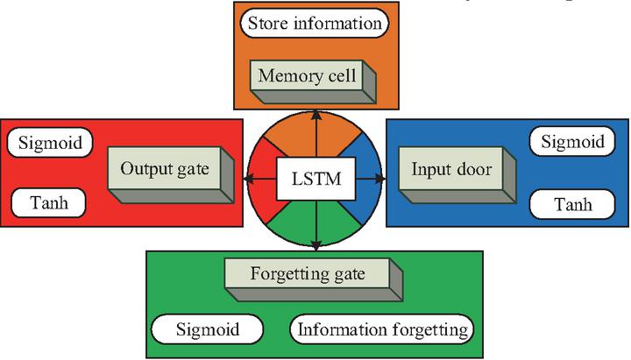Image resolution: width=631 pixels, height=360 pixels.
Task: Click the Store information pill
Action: coord(315,24)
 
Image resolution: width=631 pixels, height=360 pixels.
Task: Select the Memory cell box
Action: coord(306,76)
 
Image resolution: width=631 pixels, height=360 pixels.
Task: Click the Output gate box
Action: coord(165,169)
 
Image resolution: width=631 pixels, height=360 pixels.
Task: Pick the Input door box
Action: coord(450,169)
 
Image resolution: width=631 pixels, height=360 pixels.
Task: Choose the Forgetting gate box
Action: coord(307,273)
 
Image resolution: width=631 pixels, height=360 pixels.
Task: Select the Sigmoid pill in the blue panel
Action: coord(572,141)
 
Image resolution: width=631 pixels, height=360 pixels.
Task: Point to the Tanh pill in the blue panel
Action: coord(573,205)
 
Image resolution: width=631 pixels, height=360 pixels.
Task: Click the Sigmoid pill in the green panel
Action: coord(207,330)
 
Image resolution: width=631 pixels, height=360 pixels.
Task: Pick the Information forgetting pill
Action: coord(382,330)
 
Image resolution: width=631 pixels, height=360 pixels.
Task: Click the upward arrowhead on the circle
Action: coord(315,116)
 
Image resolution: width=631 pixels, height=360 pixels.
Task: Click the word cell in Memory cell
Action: coord(340,76)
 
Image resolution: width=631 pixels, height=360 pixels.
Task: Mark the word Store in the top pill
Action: coord(267,24)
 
